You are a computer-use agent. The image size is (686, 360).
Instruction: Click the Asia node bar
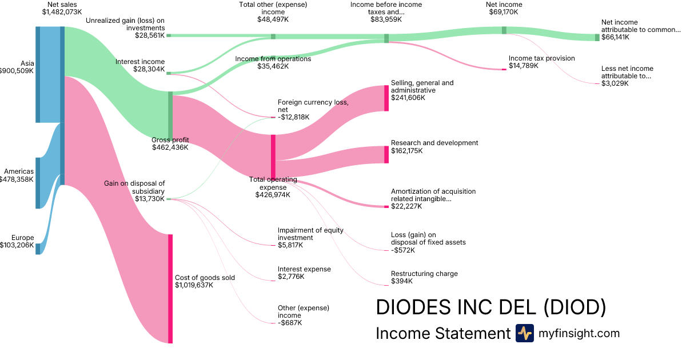click(38, 74)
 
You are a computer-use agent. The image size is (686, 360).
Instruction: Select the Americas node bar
click(38, 183)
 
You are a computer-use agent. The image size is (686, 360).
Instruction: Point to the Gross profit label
click(170, 140)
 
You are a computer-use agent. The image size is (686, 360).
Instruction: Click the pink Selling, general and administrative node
click(386, 98)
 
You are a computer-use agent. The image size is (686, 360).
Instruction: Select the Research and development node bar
click(386, 154)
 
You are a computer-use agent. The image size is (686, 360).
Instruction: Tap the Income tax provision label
click(541, 58)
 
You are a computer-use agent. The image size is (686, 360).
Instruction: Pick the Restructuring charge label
click(424, 274)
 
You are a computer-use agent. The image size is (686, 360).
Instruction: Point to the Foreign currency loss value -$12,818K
click(293, 117)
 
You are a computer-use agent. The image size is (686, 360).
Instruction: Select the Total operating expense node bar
click(273, 157)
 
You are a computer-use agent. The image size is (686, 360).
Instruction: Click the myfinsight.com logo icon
click(524, 333)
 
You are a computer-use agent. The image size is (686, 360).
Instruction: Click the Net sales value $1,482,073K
click(62, 12)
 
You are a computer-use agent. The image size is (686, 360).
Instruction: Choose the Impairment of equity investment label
click(303, 234)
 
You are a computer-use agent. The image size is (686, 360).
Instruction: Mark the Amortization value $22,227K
click(406, 206)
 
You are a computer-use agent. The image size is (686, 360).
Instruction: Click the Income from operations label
click(273, 59)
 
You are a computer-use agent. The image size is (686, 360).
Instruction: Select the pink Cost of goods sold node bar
click(170, 289)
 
